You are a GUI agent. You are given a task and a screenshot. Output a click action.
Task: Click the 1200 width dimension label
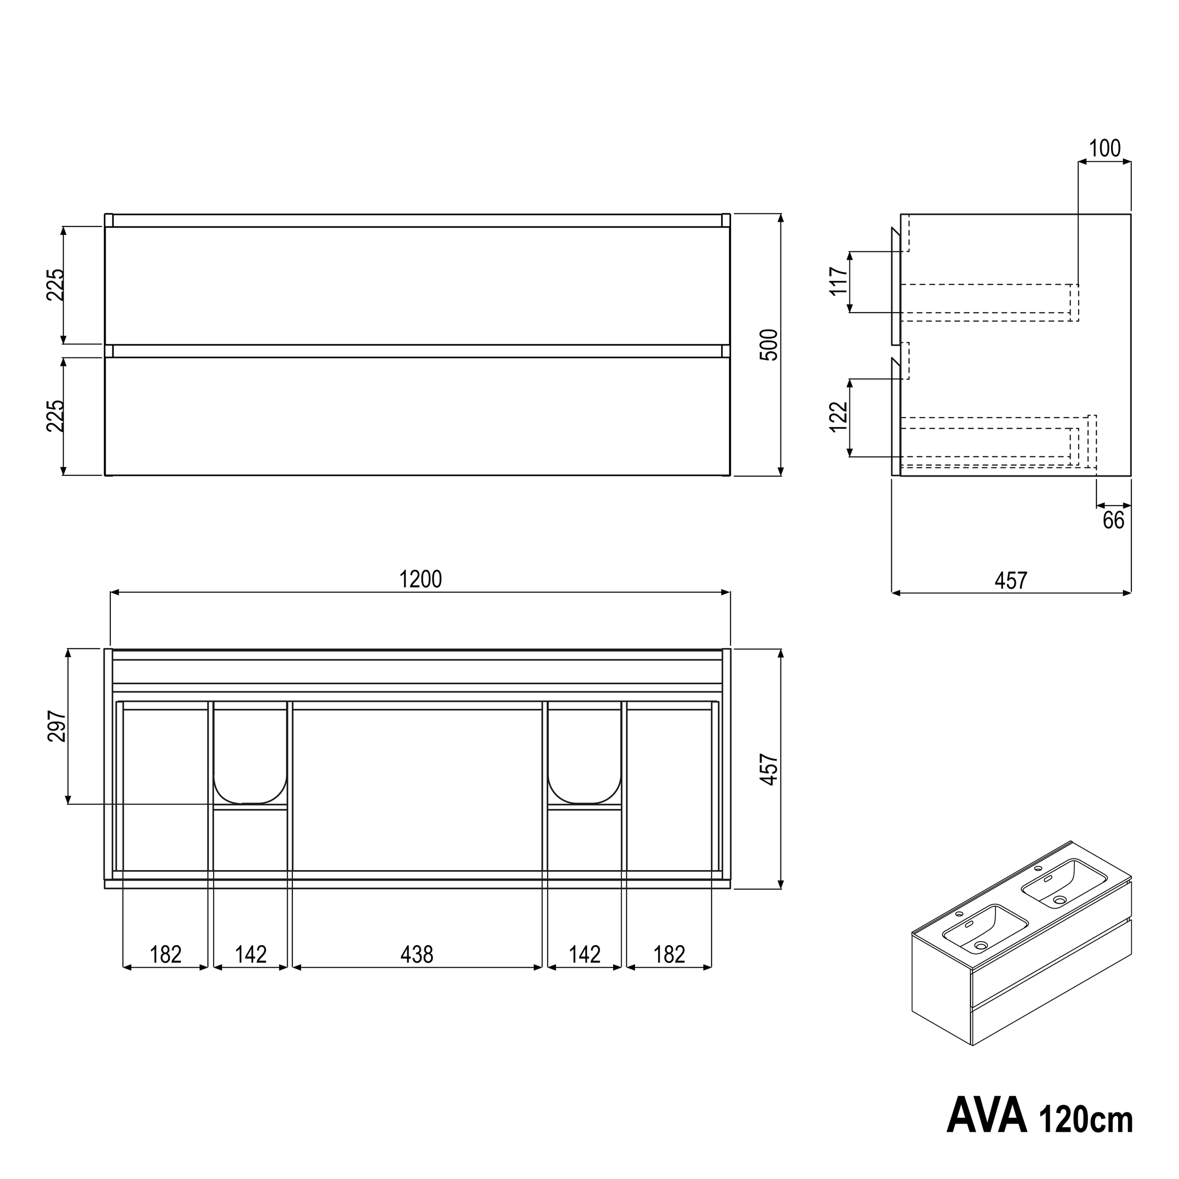click(x=421, y=579)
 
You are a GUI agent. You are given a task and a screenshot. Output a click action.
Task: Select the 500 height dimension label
click(x=770, y=345)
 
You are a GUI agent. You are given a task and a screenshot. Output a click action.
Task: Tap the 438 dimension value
click(x=417, y=954)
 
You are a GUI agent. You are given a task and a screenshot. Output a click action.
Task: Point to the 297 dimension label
click(x=57, y=726)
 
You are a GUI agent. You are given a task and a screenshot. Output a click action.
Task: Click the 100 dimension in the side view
click(x=1105, y=148)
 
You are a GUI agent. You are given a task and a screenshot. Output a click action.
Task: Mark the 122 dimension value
click(x=839, y=417)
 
